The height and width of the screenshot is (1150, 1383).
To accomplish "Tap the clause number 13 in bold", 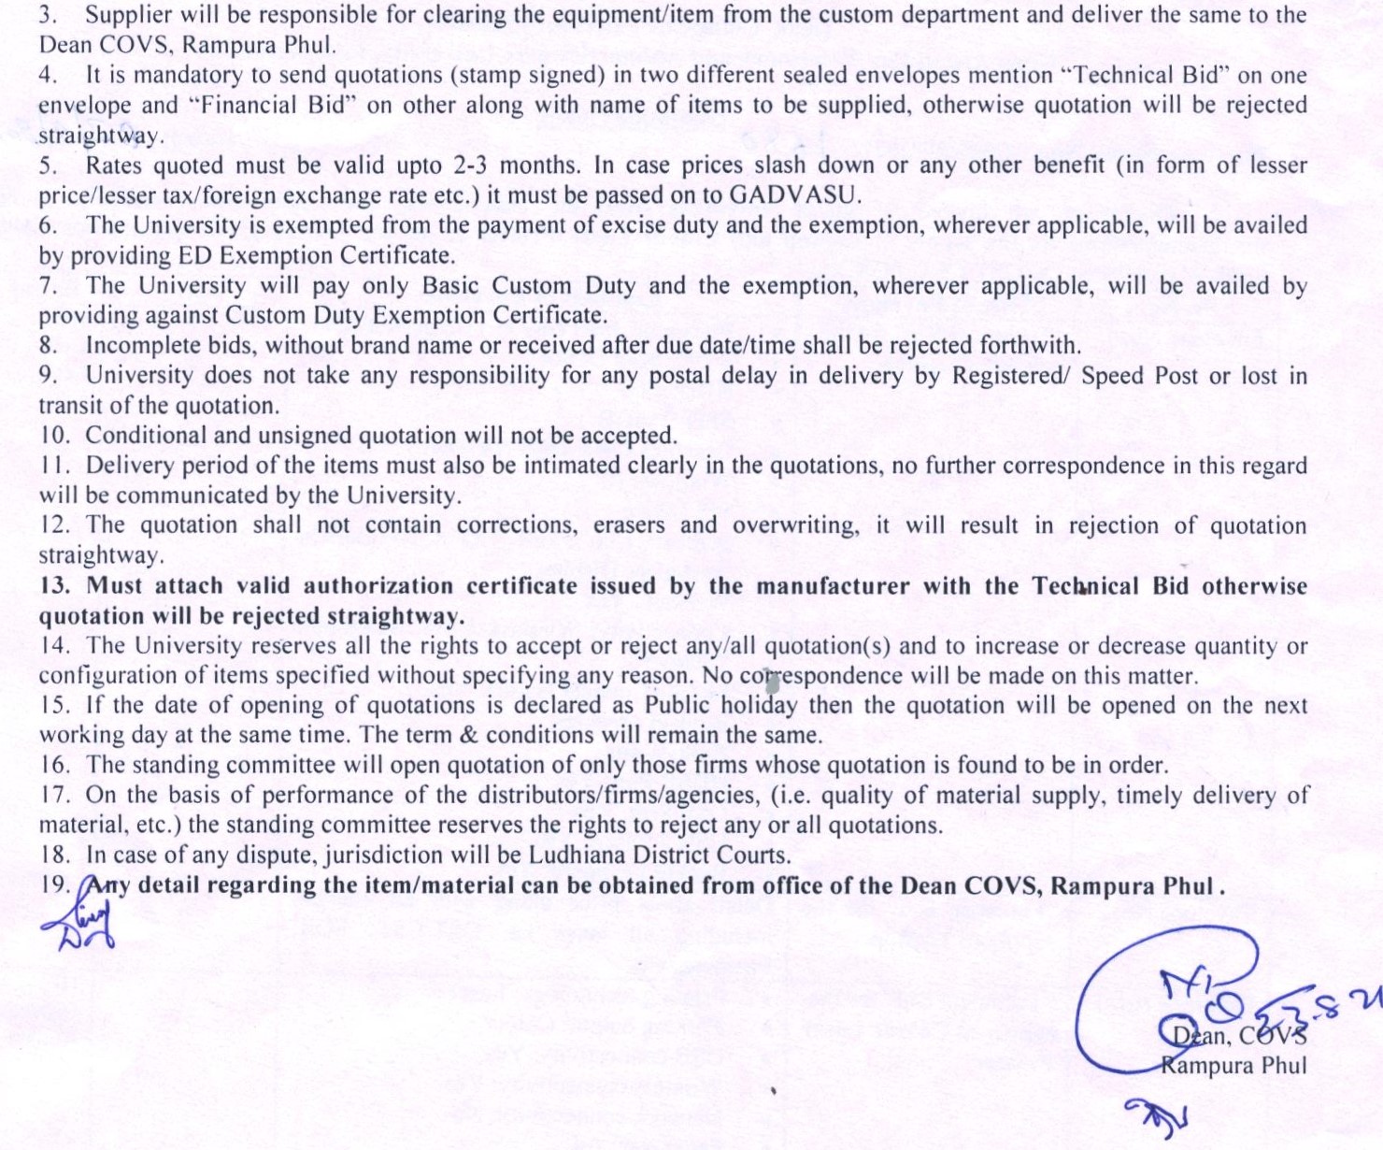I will (x=55, y=586).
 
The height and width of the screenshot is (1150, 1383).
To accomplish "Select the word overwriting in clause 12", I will (x=794, y=525).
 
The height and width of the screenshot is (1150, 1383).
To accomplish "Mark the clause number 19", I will (x=55, y=885).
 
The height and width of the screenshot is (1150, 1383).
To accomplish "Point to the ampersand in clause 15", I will (x=469, y=736).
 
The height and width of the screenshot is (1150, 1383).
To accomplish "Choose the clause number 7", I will (x=48, y=286).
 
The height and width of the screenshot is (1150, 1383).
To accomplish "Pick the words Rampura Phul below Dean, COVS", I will (x=1233, y=1066).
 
